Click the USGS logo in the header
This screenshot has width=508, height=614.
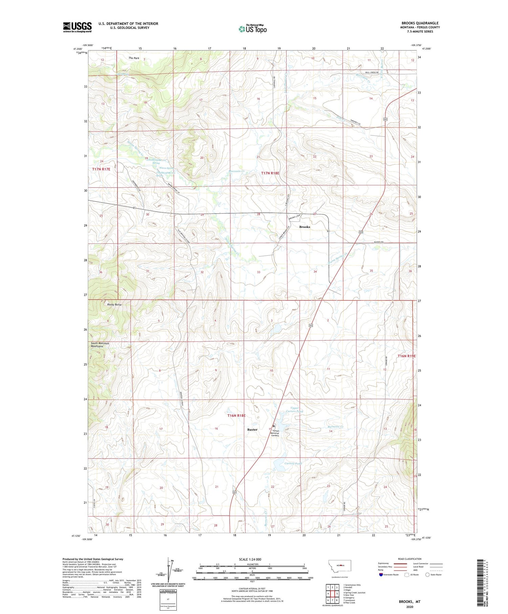point(77,27)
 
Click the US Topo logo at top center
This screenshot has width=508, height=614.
point(252,29)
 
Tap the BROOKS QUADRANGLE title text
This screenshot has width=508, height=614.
point(420,23)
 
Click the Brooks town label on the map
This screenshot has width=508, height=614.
point(304,227)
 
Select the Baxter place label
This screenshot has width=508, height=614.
point(252,429)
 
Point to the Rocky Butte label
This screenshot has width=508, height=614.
point(114,304)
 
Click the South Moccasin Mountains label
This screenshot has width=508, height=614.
point(100,345)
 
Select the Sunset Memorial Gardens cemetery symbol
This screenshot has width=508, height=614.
point(274,426)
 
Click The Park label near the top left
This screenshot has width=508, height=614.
point(134,58)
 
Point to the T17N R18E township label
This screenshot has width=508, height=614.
point(270,173)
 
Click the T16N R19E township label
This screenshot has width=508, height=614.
point(406,356)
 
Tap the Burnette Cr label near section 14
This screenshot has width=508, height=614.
point(336,427)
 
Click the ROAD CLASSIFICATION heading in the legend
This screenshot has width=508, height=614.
point(410,559)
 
